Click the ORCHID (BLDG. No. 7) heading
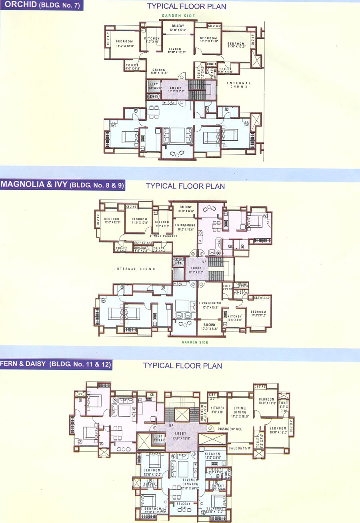[x=41, y=6]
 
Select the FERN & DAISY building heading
[x=56, y=364]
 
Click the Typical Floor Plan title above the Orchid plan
[x=186, y=6]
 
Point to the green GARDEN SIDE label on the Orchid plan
[x=178, y=16]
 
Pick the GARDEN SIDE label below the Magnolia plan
[x=195, y=342]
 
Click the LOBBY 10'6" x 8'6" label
[x=176, y=90]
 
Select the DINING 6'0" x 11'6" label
[x=159, y=71]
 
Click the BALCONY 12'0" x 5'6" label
[x=178, y=28]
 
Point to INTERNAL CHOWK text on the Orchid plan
[x=240, y=85]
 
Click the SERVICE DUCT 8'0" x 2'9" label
[x=143, y=249]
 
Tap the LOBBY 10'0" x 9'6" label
[x=196, y=270]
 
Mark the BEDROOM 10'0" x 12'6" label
[x=112, y=221]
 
